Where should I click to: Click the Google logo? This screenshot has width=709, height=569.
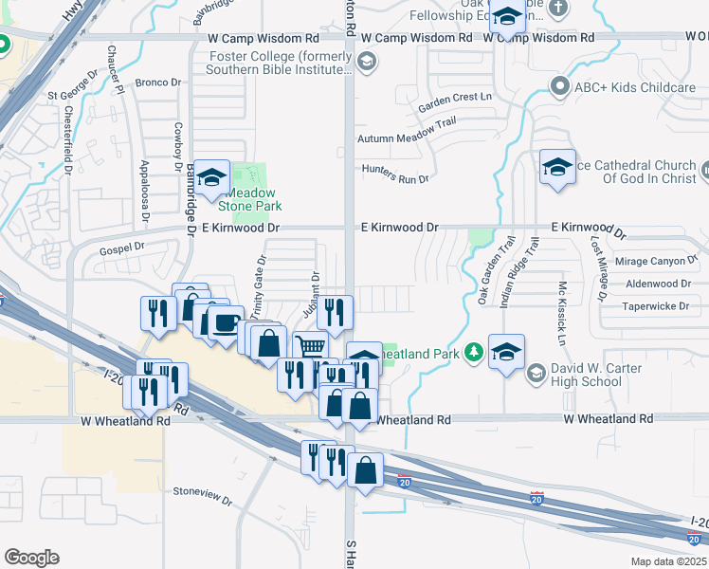point(31,558)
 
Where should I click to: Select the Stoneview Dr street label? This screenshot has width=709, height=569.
point(203,492)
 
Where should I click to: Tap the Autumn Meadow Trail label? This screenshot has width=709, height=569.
point(407,138)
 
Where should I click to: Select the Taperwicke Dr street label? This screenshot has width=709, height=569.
point(662,306)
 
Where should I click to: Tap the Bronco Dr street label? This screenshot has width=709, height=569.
point(152,82)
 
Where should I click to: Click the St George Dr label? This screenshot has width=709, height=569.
point(72,95)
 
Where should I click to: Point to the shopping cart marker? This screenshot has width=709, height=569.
point(309,348)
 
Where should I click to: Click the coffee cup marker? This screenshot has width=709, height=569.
point(225,322)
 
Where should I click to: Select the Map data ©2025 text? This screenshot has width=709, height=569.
point(669,561)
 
